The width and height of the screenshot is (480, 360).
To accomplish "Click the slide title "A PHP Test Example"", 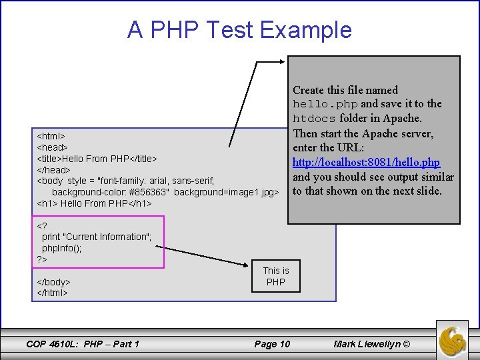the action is coord(239,30).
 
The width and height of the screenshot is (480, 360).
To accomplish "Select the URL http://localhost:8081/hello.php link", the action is coord(366,163).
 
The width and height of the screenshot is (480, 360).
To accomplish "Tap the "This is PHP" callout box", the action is coord(275,276).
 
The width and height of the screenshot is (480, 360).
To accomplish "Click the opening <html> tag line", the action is coord(51,135).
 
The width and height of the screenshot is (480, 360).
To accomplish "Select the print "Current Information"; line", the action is coord(97,237).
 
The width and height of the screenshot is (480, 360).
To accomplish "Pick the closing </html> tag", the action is coord(52,293).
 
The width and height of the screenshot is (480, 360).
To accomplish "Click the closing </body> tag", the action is coord(53,282).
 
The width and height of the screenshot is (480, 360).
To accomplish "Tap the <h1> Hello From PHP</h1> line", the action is coord(94,203).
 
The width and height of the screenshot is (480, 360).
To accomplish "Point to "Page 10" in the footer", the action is coord(272,344).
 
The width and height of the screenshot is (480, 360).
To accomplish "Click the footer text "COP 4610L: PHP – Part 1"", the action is coord(82,344).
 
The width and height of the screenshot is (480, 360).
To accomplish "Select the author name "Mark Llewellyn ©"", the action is coord(372,344).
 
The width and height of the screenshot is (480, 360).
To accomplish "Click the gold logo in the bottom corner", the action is coord(453,339).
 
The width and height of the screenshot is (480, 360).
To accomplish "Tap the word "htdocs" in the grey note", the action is coord(315,119).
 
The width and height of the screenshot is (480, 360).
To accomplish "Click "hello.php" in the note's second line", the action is coord(325,104).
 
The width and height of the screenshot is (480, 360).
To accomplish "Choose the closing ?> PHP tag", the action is coord(41,259).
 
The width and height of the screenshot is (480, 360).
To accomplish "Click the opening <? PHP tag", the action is coord(41,225).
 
